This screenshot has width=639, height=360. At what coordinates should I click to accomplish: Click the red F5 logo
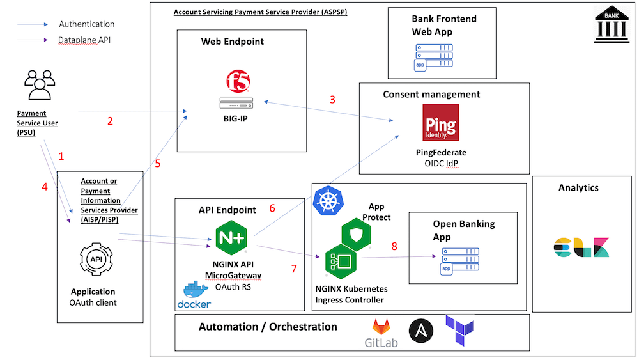point(238,81)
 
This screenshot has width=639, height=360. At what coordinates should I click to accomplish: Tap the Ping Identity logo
point(441,122)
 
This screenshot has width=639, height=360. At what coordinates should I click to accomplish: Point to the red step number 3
point(332,99)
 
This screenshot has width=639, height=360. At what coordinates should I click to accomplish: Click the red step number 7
point(294,269)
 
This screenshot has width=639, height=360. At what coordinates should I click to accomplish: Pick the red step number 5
point(157,163)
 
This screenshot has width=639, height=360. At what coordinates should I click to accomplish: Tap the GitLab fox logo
point(381,327)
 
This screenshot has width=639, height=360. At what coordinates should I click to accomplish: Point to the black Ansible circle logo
point(421,330)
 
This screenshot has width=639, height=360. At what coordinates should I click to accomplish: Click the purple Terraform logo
point(459,329)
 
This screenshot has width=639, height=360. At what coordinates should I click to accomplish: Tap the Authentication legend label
point(86,24)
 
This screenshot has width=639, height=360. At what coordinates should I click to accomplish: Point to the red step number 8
point(394,246)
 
